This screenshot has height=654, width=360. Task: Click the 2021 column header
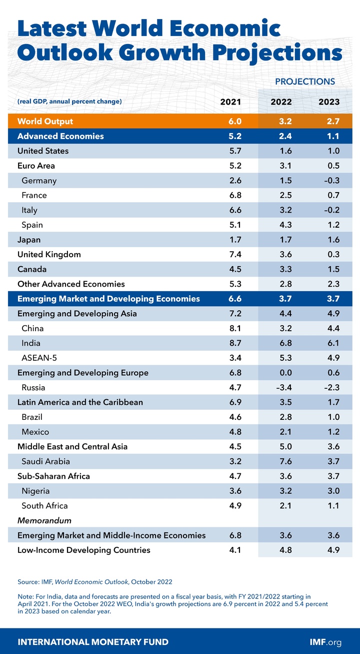[x=230, y=102]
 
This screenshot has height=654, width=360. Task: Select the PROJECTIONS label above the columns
[x=305, y=81]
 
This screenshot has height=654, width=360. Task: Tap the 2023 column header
[x=329, y=102]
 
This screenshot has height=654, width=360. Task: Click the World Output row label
[x=45, y=121]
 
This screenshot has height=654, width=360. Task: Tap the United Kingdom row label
[x=49, y=254]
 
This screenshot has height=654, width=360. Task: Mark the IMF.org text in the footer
[x=326, y=642]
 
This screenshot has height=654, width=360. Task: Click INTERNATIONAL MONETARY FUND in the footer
[x=93, y=642]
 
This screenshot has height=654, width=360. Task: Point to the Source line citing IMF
[x=95, y=581]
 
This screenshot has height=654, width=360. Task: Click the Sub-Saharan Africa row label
[x=53, y=476]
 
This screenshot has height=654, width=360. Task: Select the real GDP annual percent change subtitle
[x=69, y=102]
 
